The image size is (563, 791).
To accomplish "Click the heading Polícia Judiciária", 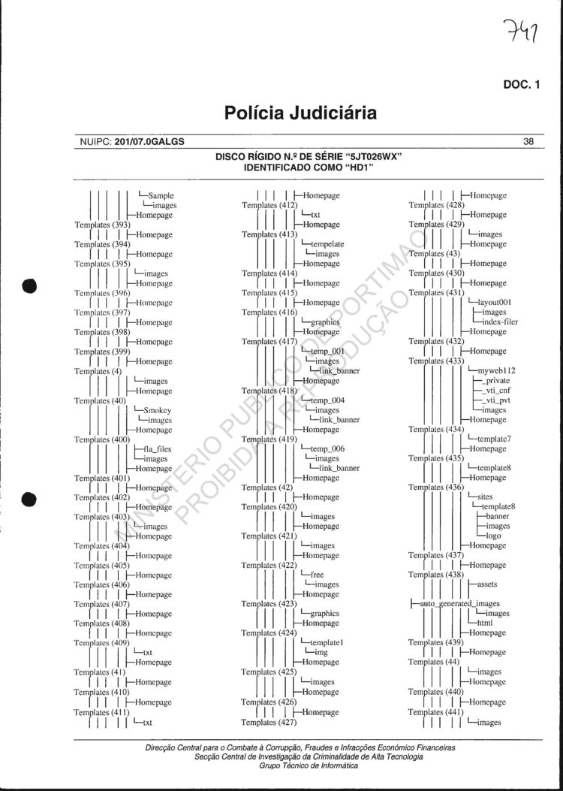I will (x=300, y=113).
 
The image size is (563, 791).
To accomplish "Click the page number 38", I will (x=528, y=141).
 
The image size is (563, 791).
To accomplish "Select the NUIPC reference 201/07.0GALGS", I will (x=149, y=141).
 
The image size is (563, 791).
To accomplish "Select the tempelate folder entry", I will (x=327, y=244).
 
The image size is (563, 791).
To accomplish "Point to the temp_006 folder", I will (x=327, y=449).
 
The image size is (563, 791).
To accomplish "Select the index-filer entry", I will (x=500, y=322).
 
